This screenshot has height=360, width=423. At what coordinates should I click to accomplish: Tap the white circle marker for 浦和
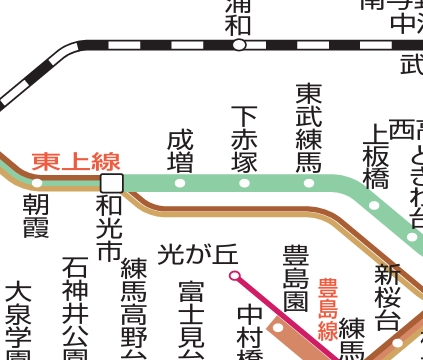point(239,45)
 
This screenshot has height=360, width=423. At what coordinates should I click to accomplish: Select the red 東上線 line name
point(76,161)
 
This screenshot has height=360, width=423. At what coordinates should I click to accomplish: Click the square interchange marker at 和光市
point(111,182)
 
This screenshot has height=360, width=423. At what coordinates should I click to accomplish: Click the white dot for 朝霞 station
point(37,183)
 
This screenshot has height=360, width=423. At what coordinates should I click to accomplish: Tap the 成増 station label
point(180,154)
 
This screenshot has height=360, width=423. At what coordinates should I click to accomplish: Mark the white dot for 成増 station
point(180,183)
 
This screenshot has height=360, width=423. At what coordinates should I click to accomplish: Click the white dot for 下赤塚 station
point(244,183)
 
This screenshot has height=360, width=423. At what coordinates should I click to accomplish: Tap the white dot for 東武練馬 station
point(308,183)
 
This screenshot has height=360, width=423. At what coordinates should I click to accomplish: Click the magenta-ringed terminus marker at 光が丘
point(235,274)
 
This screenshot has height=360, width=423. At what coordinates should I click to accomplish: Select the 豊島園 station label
point(295,274)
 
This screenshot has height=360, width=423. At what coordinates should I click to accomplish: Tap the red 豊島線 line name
point(327,310)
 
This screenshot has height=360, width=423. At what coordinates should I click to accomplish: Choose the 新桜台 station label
point(387,298)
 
